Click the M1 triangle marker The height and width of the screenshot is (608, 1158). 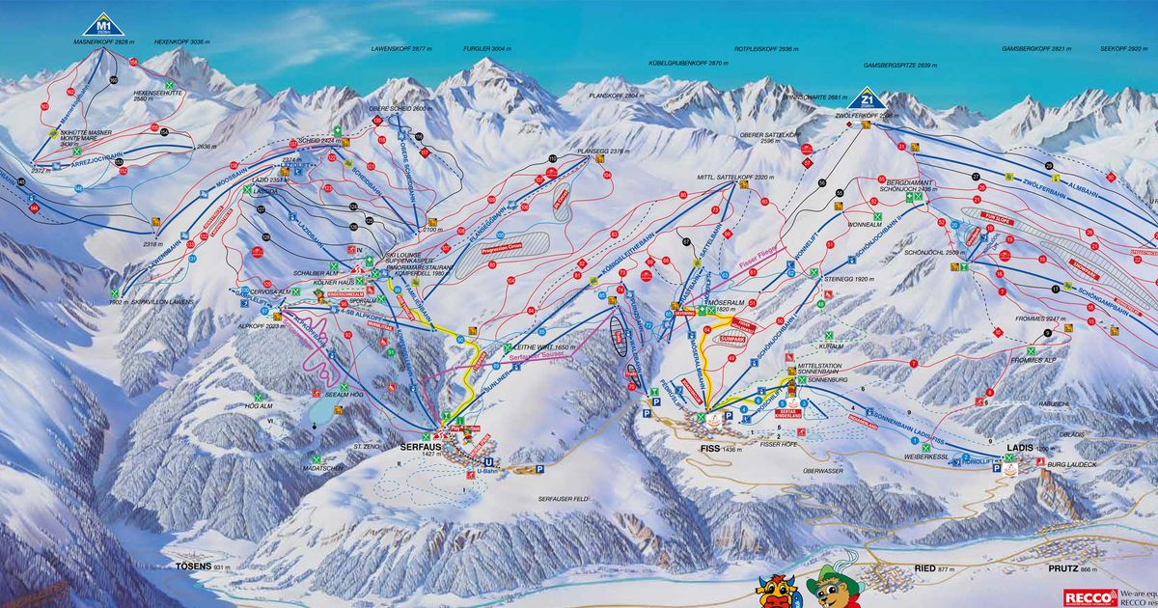pyautogui.click(x=104, y=24)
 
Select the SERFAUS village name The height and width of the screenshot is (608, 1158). pyautogui.click(x=420, y=448)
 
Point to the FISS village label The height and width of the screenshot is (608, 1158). pyautogui.click(x=701, y=449)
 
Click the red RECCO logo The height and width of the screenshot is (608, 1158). pyautogui.click(x=1084, y=596)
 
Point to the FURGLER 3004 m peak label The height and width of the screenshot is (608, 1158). pyautogui.click(x=485, y=47)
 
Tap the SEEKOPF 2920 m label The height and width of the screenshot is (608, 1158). pyautogui.click(x=1123, y=47)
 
